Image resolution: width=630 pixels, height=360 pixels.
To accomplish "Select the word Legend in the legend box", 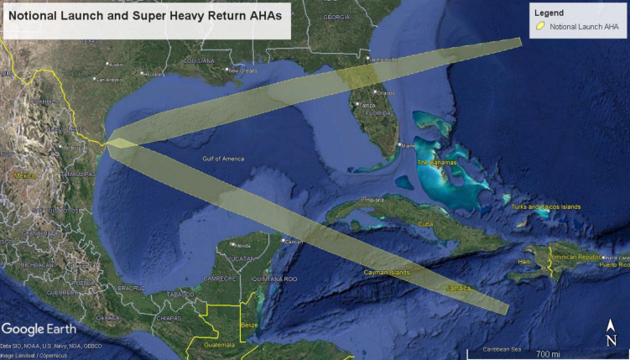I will (x=548, y=13).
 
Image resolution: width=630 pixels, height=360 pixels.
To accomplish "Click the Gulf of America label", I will (x=222, y=159).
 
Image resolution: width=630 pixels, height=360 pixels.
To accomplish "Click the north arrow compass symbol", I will (x=612, y=333).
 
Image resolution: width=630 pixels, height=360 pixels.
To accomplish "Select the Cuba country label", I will (x=425, y=224).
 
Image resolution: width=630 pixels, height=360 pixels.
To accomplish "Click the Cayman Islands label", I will (x=387, y=273).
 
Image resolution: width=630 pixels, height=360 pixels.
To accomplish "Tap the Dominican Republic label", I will (x=575, y=257).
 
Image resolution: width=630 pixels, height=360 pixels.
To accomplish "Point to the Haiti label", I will (x=524, y=263).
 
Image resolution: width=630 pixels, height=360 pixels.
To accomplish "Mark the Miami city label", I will (x=409, y=146).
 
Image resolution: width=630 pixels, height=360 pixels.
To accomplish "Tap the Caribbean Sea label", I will (x=502, y=349).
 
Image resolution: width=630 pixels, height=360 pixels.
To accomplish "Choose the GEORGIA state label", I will (x=336, y=17).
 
